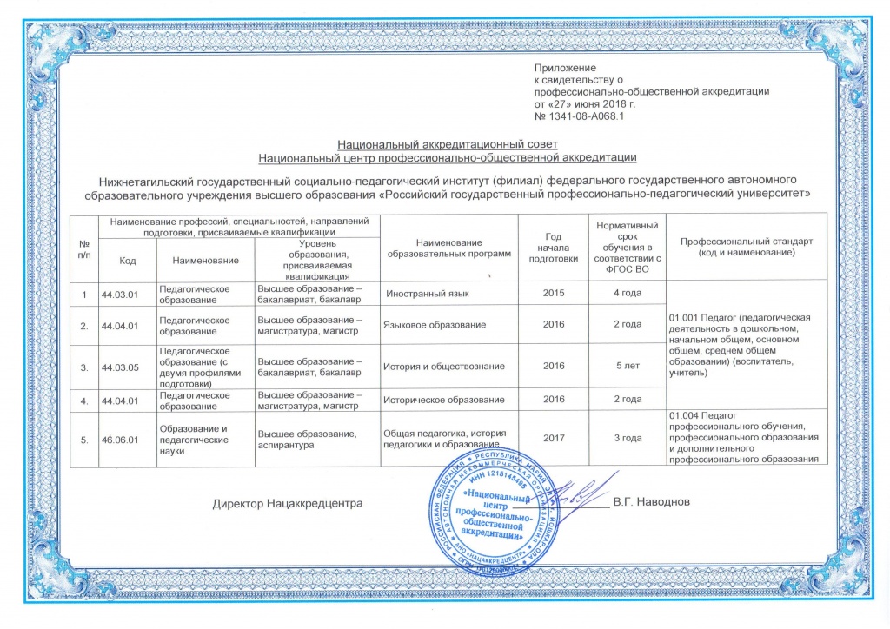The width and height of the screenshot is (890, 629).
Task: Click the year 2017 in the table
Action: tap(554, 438)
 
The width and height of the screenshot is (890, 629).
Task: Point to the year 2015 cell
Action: tap(554, 294)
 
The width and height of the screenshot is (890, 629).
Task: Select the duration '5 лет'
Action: tap(628, 367)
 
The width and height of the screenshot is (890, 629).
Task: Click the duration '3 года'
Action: tap(628, 438)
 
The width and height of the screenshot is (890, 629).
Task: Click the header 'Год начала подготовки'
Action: tap(554, 246)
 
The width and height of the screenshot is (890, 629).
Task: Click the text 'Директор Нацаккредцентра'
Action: tap(287, 503)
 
